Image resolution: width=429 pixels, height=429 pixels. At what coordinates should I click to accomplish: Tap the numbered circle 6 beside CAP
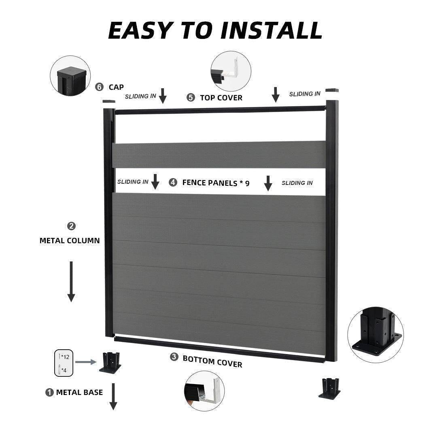[x=99, y=87]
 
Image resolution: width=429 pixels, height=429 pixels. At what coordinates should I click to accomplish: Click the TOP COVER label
[x=221, y=98]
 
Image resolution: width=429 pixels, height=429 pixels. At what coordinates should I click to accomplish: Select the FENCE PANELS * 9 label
[x=216, y=183]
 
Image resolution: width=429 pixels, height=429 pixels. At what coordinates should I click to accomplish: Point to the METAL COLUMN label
[x=70, y=240]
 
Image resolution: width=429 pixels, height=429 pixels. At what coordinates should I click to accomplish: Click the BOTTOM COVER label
[x=212, y=361]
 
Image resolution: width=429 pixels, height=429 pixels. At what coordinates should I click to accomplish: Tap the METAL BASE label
[x=79, y=392]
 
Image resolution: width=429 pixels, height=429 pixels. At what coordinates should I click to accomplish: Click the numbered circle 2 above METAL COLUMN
[x=72, y=226]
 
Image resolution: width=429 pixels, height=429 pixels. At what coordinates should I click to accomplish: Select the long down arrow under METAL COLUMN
[x=71, y=281]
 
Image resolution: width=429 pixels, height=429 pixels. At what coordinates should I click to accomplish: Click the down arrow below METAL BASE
[x=113, y=396]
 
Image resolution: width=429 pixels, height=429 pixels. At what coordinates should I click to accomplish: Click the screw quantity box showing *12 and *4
[x=64, y=363]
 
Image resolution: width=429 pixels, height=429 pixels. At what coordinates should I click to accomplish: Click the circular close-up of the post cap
[x=70, y=76]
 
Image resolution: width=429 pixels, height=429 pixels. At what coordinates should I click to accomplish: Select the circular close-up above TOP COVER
[x=231, y=71]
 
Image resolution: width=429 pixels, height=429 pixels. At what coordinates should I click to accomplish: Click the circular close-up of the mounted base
[x=375, y=334]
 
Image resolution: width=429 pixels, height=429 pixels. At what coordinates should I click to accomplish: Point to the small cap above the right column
[x=331, y=91]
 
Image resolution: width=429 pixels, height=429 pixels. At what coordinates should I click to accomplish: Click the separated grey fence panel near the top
[x=220, y=155]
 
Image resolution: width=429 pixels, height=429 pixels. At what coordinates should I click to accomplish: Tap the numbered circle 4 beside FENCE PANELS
[x=173, y=183]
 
